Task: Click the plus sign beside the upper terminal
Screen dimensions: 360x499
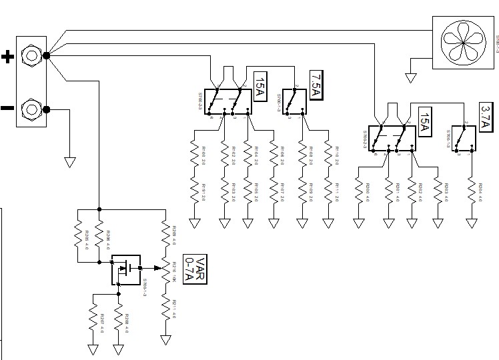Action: click(7, 57)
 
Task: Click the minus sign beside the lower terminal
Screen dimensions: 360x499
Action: click(7, 107)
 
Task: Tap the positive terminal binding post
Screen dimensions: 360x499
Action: click(31, 56)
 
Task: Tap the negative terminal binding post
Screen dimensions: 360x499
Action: click(31, 107)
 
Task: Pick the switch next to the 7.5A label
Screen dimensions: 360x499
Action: click(291, 102)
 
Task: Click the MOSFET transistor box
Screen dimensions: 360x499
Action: click(126, 269)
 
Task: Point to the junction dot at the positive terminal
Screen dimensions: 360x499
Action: click(47, 56)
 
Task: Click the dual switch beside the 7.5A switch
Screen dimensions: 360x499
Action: click(225, 102)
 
